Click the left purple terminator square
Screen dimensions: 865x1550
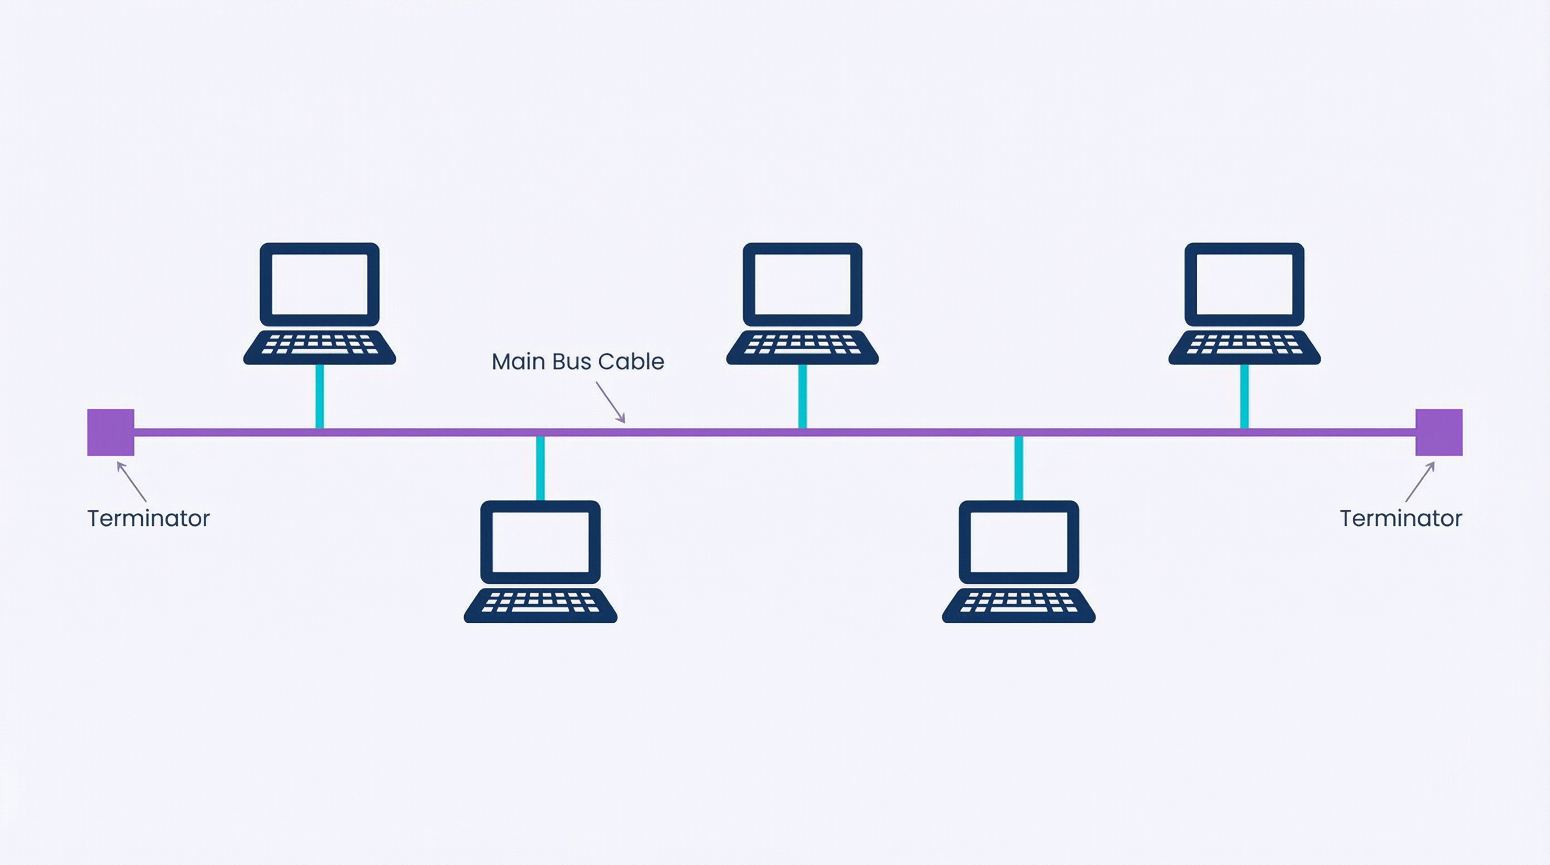111,432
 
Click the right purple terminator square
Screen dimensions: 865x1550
1438,432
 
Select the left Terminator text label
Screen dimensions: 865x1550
148,519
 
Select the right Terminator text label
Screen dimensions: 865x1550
1401,519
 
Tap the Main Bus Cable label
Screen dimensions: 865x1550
578,362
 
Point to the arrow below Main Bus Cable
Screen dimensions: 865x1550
611,402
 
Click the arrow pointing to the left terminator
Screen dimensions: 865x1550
131,481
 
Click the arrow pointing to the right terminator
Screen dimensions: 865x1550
1420,481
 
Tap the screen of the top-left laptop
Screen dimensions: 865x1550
319,284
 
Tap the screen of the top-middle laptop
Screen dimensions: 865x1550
802,284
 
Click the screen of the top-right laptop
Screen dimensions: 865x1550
1244,284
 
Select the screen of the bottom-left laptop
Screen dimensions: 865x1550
540,542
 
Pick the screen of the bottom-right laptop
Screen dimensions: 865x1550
1019,542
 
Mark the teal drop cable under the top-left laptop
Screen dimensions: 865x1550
319,396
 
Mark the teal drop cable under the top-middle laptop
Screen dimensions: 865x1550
802,396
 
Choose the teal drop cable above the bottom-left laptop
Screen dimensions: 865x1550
540,468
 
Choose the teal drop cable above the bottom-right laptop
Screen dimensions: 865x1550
1019,468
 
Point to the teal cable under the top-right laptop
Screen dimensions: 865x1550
1244,396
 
